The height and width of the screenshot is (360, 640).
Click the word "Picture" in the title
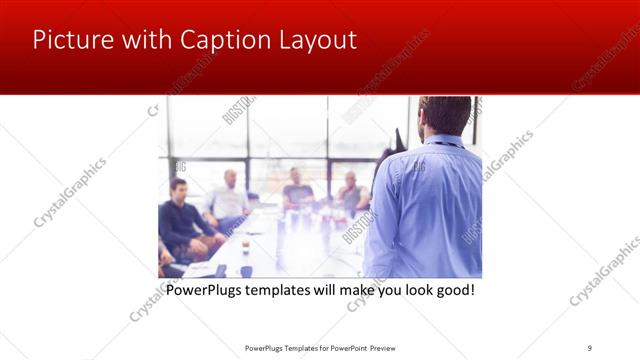click(x=71, y=41)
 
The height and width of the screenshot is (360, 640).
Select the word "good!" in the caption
click(x=451, y=291)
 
